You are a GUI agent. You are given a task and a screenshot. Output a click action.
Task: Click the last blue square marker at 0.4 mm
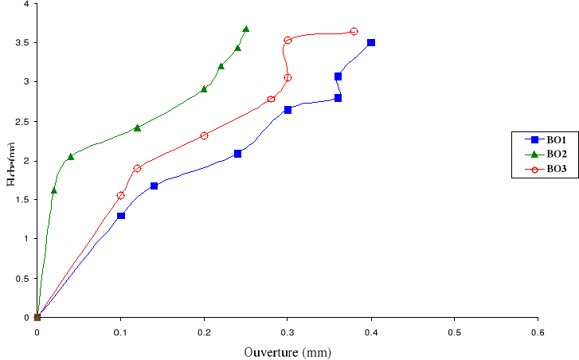(371, 43)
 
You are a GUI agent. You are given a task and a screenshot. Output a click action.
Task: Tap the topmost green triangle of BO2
(245, 29)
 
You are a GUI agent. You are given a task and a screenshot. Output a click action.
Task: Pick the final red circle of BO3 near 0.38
(354, 32)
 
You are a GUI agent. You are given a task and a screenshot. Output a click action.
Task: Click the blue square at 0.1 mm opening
(120, 216)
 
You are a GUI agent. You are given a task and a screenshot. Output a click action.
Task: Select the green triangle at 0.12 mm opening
(137, 127)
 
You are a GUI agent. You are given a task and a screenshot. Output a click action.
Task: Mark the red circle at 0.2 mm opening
(204, 136)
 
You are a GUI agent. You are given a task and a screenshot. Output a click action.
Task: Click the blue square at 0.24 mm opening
(237, 154)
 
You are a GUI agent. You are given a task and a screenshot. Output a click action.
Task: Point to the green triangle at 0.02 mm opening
(53, 190)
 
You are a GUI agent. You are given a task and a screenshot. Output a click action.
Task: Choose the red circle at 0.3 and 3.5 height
(288, 40)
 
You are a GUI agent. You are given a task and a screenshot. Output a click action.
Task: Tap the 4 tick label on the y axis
(26, 4)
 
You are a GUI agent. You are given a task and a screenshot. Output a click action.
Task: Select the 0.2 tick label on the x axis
(204, 331)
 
